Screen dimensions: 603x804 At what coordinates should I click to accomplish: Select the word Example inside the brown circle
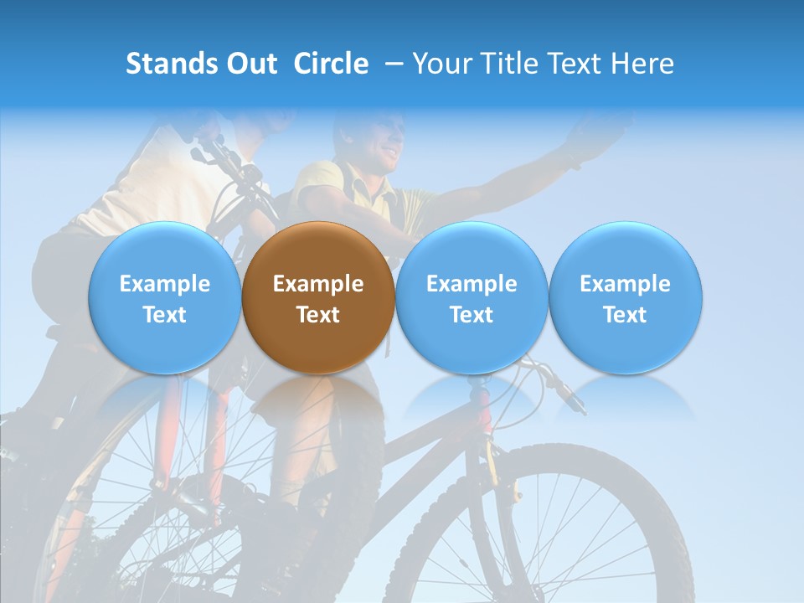click(x=317, y=284)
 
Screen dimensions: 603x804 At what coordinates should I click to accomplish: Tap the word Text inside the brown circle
click(x=317, y=315)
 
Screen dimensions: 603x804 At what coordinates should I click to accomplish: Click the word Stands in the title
click(x=172, y=64)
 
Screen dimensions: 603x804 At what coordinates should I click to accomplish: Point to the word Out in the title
click(x=251, y=64)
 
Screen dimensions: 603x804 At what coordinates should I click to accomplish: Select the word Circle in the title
click(x=331, y=64)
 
